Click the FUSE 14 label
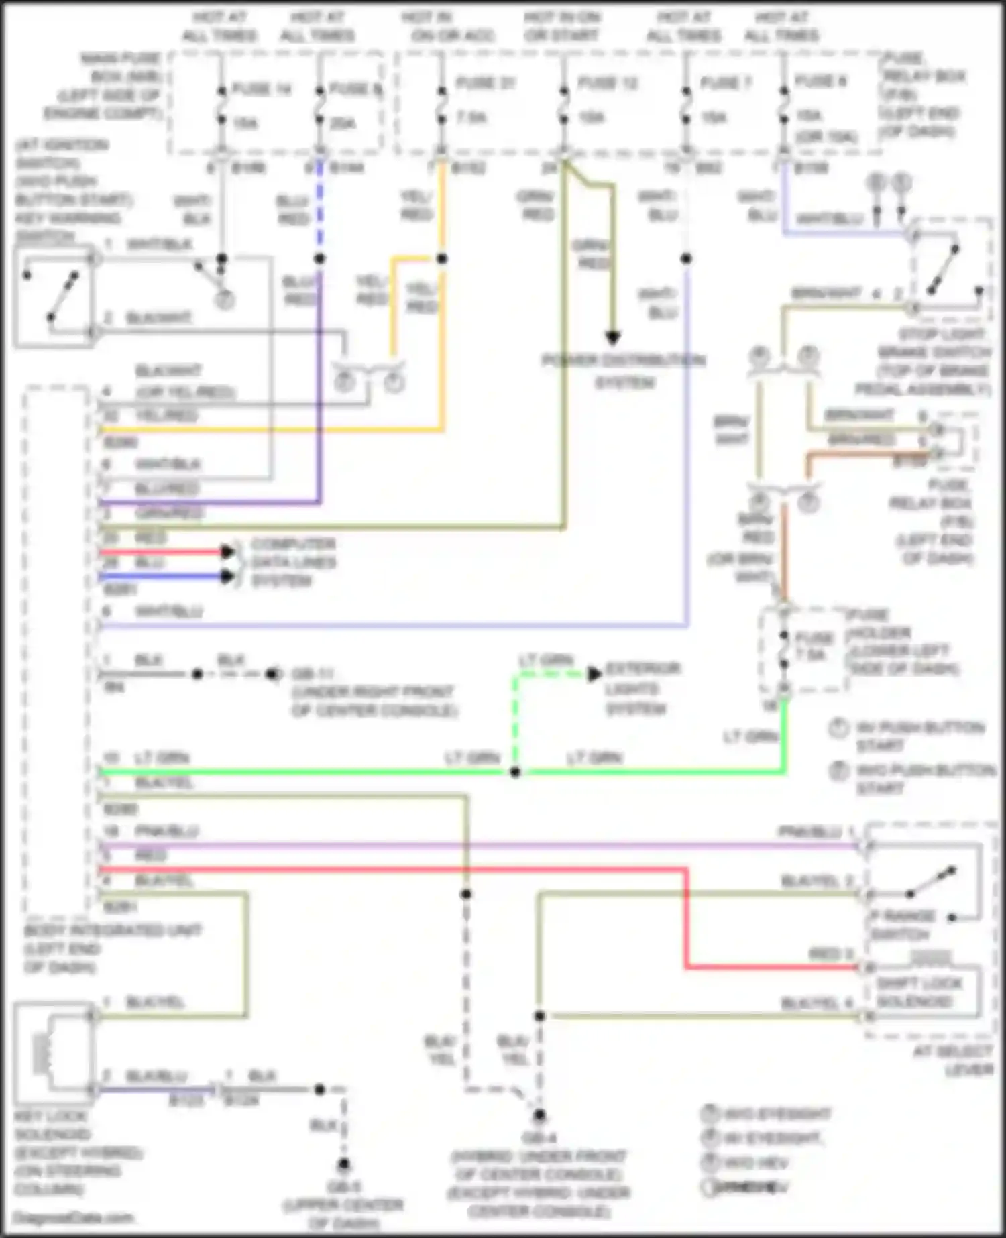point(262,89)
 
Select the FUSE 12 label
point(608,83)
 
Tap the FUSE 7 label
point(726,83)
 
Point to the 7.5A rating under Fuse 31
point(472,118)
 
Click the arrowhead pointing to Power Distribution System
point(612,337)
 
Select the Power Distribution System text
point(624,371)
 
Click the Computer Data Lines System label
point(293,562)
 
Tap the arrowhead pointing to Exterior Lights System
point(594,674)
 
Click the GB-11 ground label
point(313,673)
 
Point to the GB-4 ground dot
point(539,1115)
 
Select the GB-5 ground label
point(343,1186)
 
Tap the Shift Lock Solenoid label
point(919,992)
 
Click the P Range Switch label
point(903,925)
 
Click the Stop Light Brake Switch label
point(934,361)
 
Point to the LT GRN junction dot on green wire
point(515,773)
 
